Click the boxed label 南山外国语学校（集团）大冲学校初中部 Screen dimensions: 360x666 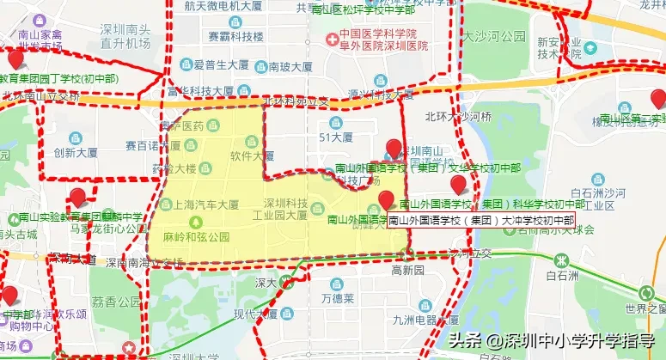pos(480,220)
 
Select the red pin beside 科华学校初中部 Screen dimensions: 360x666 pos(458,185)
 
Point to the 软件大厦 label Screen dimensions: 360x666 pos(252,156)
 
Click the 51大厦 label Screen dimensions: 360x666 pos(335,137)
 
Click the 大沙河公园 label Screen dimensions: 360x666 pos(493,37)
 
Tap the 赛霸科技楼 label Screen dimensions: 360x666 pos(235,37)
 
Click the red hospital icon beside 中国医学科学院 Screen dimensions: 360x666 pos(331,39)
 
